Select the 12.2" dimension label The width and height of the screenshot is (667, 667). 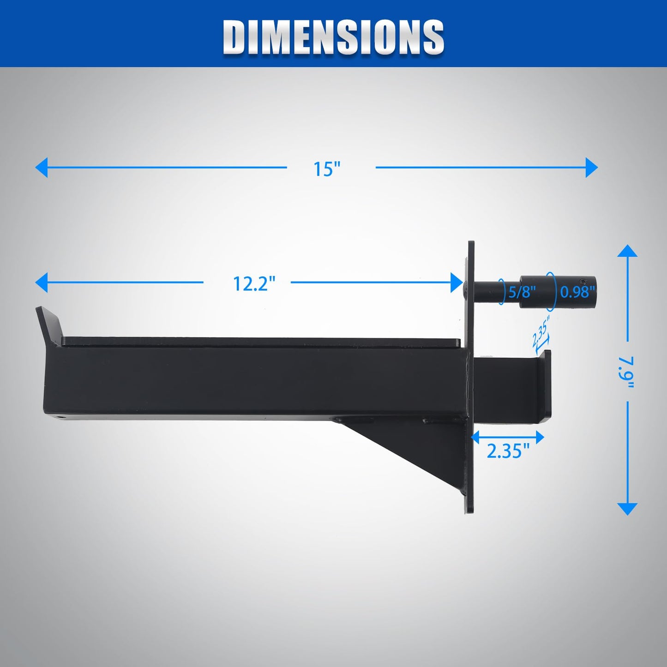click(x=254, y=283)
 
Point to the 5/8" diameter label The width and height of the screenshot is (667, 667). click(x=522, y=292)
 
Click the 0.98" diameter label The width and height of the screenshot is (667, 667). click(x=577, y=292)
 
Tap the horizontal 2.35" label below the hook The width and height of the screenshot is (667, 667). click(x=508, y=451)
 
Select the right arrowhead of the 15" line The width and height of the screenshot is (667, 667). click(x=592, y=167)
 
